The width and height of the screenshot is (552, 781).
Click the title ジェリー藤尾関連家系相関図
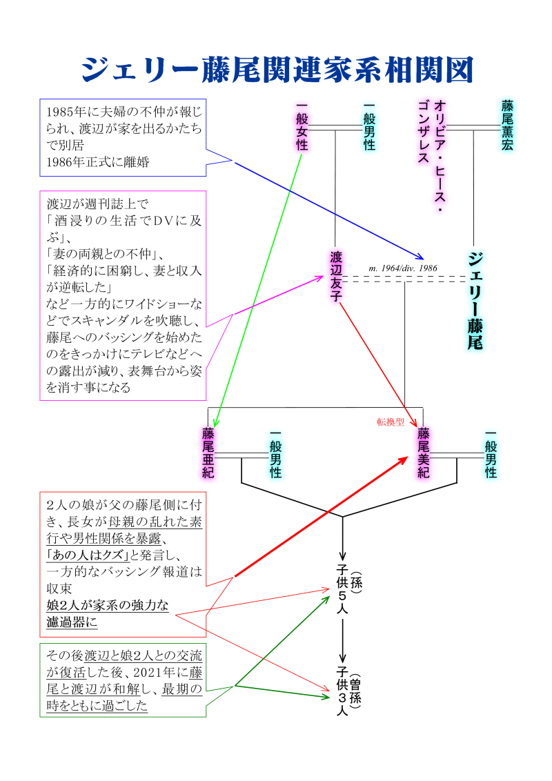point(276,70)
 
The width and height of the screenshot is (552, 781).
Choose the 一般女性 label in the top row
point(302,126)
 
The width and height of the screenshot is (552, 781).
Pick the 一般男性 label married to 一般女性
point(369,126)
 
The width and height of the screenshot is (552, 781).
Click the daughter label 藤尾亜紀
point(208,453)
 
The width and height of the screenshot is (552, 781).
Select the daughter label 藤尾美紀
point(424,453)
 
